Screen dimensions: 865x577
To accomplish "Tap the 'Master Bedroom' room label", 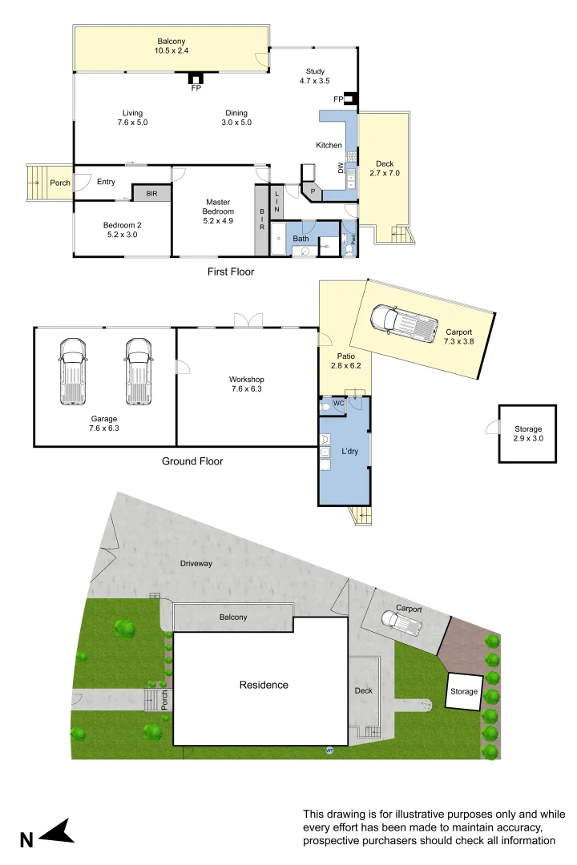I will [218, 207].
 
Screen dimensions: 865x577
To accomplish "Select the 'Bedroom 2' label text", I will [120, 230].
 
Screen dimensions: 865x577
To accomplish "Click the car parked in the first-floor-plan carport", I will [400, 320].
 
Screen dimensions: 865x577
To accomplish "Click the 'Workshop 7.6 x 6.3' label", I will [246, 384].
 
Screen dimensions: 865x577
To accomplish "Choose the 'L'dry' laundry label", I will [349, 452].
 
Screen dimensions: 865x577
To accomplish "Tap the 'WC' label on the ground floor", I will [338, 403].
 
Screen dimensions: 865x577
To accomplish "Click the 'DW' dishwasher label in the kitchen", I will [341, 167].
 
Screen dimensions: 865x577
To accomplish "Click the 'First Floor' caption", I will [231, 272].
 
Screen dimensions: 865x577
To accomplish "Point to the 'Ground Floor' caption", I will [192, 461].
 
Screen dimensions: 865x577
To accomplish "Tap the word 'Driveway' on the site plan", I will [196, 563].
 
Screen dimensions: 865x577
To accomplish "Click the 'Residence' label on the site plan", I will [264, 685].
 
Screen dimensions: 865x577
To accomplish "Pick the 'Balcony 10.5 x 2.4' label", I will [171, 45].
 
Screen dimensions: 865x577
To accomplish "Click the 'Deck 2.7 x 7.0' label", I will [384, 168].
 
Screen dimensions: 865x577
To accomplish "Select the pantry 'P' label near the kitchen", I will [313, 191].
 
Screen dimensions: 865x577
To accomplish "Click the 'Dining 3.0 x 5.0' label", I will [236, 118].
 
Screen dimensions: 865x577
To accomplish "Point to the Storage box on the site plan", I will [463, 691].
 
